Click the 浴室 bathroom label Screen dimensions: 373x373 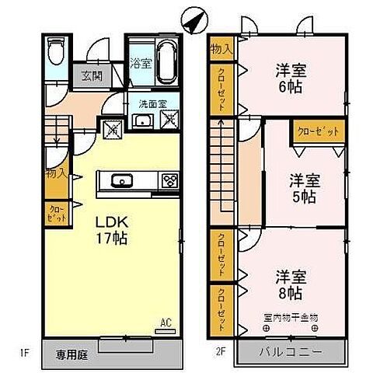(140, 62)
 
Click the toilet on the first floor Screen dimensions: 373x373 (56, 55)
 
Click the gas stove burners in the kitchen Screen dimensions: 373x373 (169, 182)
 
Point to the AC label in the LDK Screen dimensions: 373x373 (165, 320)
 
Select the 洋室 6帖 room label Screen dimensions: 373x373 (291, 78)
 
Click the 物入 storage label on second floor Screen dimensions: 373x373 (221, 49)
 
